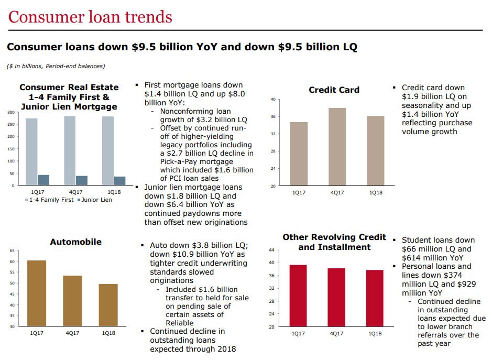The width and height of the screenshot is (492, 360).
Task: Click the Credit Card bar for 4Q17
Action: [x=338, y=147]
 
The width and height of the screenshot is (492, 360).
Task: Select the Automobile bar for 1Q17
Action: [x=37, y=293]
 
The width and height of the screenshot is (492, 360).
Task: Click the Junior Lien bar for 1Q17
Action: [x=43, y=180]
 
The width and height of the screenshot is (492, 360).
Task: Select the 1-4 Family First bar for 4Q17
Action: [x=69, y=151]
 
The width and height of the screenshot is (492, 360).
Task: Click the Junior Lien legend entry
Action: [x=95, y=200]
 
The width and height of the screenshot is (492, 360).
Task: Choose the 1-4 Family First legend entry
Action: [x=49, y=200]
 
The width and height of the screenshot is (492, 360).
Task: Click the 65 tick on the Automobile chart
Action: [x=12, y=251]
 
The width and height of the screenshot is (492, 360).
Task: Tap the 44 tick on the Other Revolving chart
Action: [x=271, y=250]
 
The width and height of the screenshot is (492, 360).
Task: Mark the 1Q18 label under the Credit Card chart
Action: [x=376, y=193]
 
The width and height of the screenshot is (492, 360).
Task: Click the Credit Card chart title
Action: [x=334, y=90]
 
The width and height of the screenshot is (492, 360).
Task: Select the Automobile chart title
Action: [x=75, y=242]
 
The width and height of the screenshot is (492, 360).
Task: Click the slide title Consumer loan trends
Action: [x=90, y=17]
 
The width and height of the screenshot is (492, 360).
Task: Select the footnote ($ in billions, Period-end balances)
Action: [x=56, y=66]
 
